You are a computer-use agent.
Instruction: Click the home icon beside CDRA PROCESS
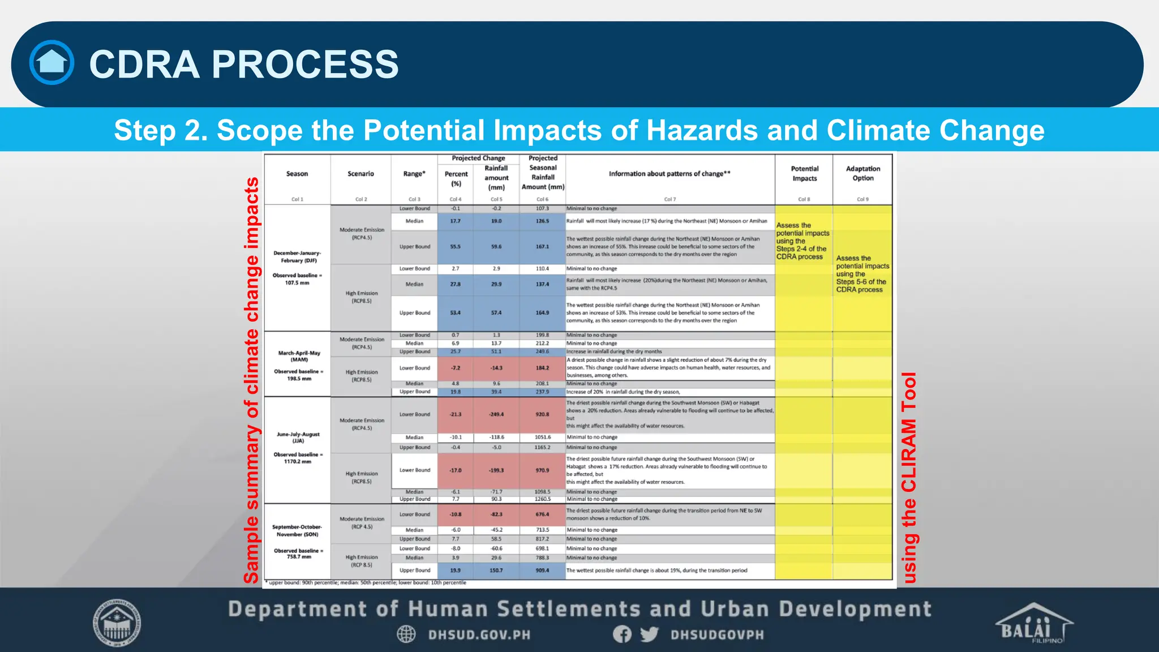[x=51, y=62]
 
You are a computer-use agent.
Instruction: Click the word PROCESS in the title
[x=305, y=64]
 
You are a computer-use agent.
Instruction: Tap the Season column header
[x=297, y=174]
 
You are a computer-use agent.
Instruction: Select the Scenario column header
[x=361, y=174]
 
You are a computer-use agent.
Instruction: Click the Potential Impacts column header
[x=804, y=173]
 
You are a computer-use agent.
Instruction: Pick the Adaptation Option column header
[x=863, y=173]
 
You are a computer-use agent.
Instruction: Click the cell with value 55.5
[x=456, y=247]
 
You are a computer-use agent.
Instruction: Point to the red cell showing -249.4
[x=496, y=414]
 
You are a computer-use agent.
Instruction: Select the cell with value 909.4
[x=542, y=570]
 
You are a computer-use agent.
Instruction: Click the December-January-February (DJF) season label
[x=297, y=256]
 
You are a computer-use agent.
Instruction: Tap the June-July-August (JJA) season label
[x=298, y=437]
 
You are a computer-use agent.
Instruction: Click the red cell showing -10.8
[x=456, y=514]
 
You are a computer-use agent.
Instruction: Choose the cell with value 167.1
[x=542, y=247]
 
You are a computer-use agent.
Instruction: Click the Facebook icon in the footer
[x=622, y=634]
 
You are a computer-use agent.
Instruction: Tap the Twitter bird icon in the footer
[x=649, y=634]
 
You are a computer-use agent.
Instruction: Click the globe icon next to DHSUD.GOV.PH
[x=406, y=634]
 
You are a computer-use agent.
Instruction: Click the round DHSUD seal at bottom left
[x=117, y=623]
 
